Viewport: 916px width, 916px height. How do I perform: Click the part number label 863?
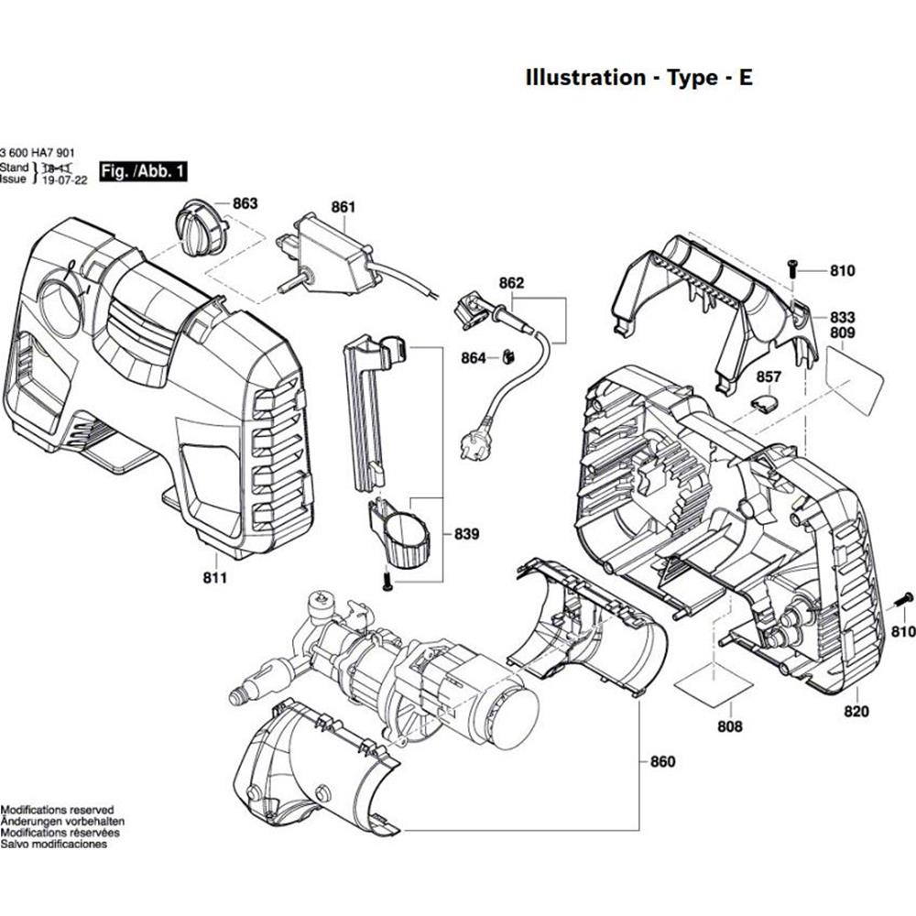coord(245,203)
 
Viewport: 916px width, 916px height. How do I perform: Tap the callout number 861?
coord(343,208)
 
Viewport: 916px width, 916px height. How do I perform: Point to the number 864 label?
coord(474,358)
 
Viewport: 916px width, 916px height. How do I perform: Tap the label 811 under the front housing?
coord(217,578)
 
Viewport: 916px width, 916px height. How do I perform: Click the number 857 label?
coord(769,377)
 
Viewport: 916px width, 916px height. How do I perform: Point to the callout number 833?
coord(843,316)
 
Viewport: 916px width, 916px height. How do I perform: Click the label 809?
coord(843,334)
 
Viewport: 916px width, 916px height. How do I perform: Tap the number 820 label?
coord(856,712)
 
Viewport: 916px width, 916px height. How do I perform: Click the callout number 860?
coord(661,762)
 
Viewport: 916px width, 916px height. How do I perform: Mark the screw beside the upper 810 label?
coord(793,267)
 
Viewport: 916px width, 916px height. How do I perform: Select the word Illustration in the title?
coord(584,77)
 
